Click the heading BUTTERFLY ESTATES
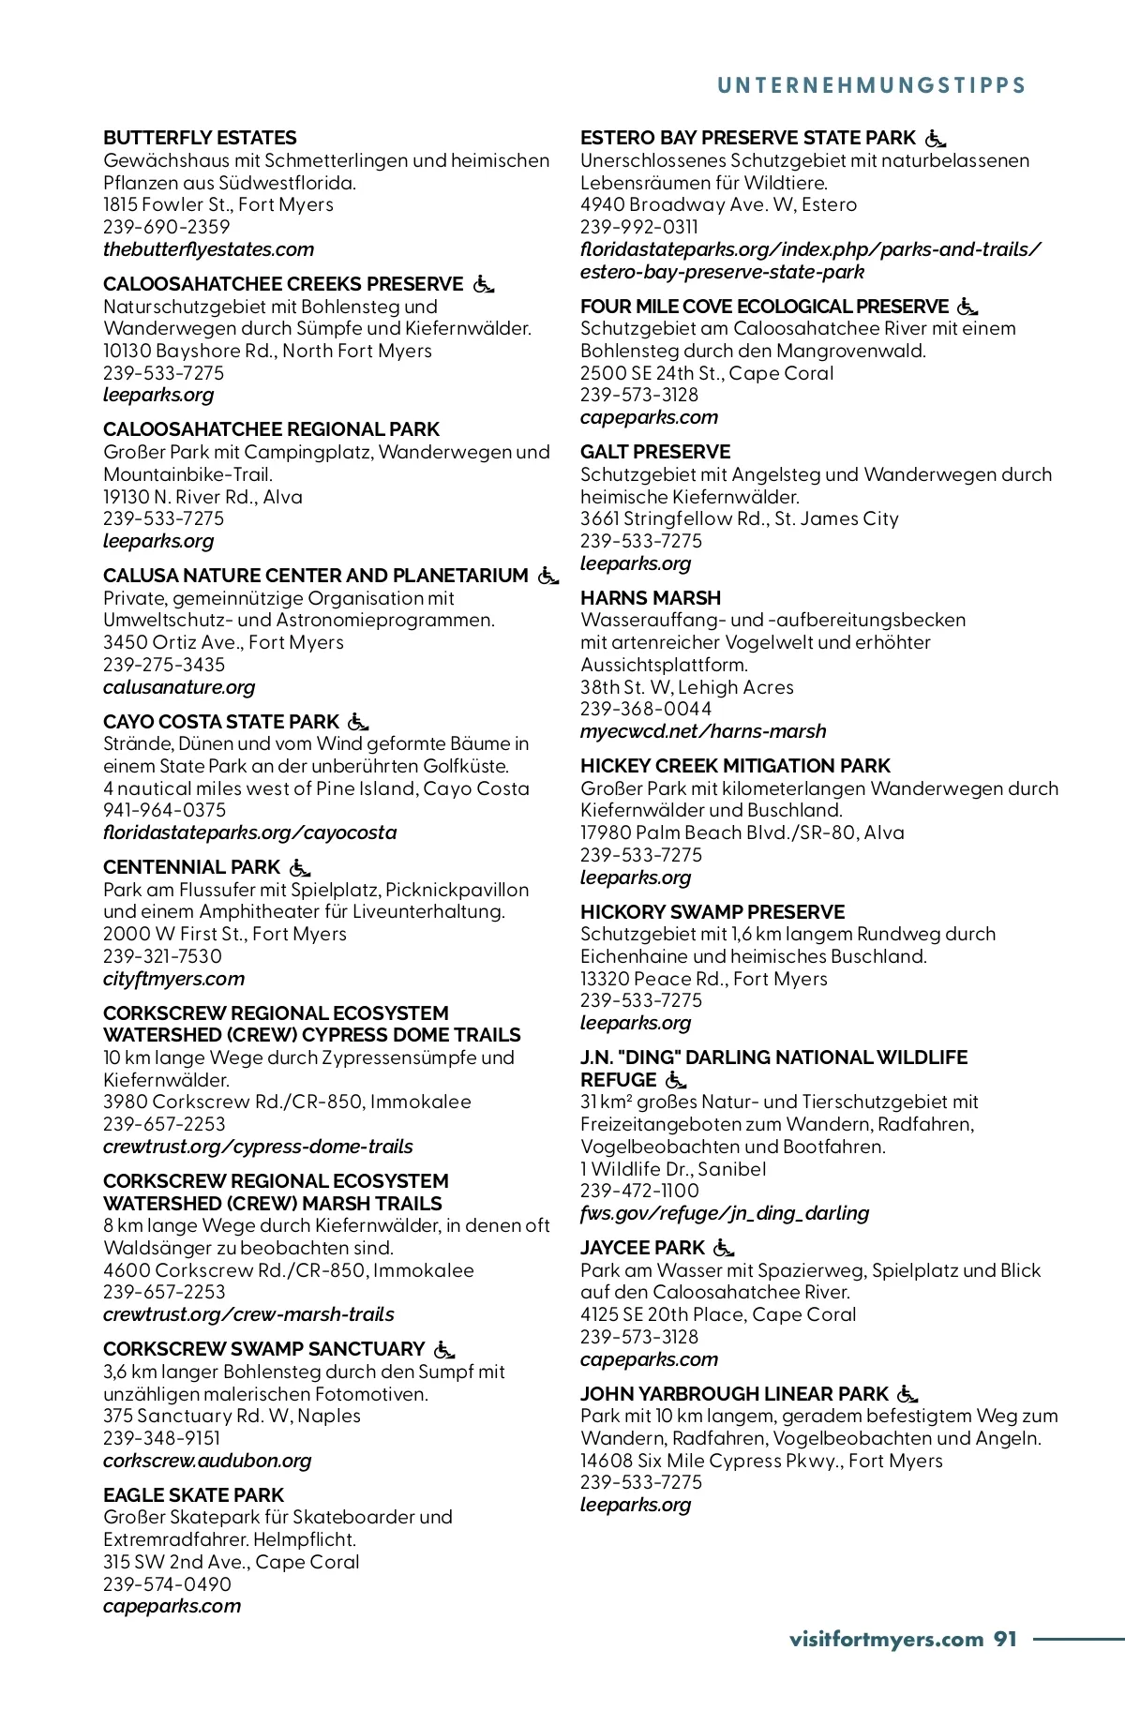(x=200, y=138)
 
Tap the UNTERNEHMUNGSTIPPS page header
(x=871, y=85)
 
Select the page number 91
(x=1005, y=1639)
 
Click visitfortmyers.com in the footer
(x=886, y=1639)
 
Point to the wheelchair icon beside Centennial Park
(x=300, y=867)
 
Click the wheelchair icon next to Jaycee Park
(x=724, y=1248)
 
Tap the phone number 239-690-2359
(x=166, y=227)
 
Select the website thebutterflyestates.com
(x=208, y=249)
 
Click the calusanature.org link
(x=179, y=687)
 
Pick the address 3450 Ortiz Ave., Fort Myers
(x=223, y=642)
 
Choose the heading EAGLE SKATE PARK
(x=193, y=1495)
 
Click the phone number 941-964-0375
(x=164, y=810)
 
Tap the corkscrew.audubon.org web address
(x=207, y=1461)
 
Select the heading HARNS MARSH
(x=651, y=598)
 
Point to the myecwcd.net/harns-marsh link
(x=703, y=731)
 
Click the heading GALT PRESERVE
(x=655, y=452)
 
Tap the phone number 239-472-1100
(x=639, y=1191)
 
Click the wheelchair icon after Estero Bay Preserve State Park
(x=936, y=139)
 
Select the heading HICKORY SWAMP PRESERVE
(x=712, y=912)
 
